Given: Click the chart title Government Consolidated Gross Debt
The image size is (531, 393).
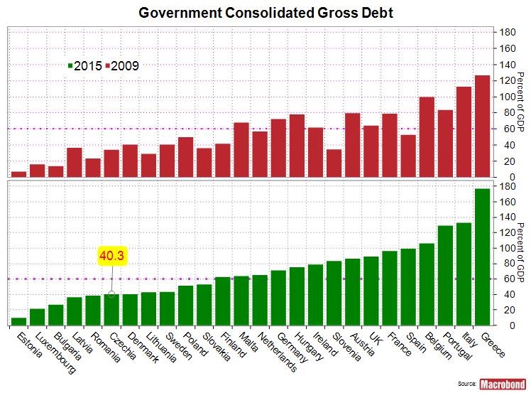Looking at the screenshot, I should [x=265, y=13].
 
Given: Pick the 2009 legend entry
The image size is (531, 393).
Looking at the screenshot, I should [x=121, y=65].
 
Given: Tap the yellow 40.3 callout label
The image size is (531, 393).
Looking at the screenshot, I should [x=111, y=256].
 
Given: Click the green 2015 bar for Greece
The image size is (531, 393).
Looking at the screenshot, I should [x=482, y=257].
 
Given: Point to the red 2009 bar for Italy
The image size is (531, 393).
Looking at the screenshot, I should [x=464, y=131].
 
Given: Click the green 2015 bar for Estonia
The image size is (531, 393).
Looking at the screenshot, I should [x=19, y=321].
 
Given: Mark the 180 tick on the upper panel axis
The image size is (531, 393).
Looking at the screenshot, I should [x=508, y=33].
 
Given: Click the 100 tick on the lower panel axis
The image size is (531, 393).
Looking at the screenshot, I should [x=508, y=248].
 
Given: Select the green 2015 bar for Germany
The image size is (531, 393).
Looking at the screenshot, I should [x=278, y=298].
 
